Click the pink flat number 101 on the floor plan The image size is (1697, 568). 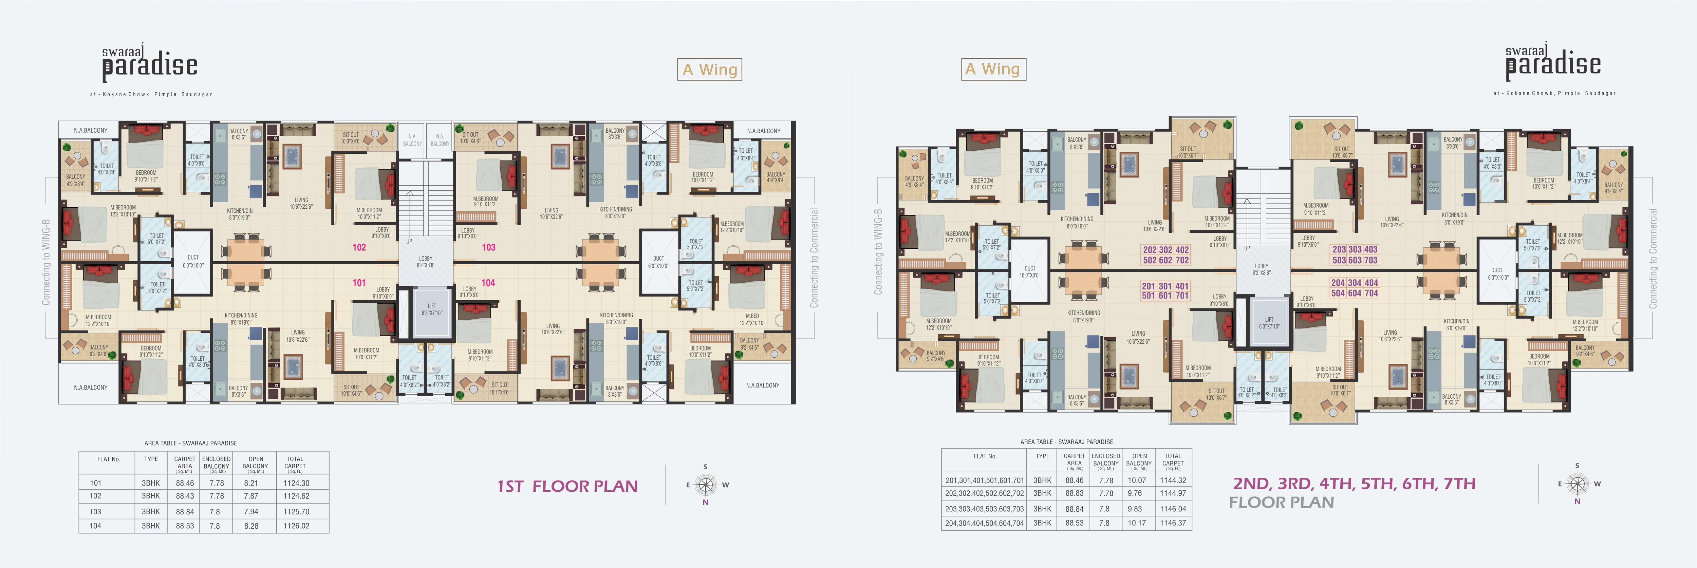tap(359, 283)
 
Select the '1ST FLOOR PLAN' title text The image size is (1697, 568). tap(567, 486)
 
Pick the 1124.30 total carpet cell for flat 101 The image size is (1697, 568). tap(296, 483)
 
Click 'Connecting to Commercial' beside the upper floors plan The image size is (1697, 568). tap(1652, 259)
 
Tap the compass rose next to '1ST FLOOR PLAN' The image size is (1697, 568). tap(706, 485)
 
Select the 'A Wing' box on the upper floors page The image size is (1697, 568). tap(994, 69)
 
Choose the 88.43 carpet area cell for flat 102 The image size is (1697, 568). tap(184, 496)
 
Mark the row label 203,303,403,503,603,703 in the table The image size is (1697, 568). tap(984, 509)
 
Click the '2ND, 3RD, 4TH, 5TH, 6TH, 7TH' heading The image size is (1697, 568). tap(1354, 484)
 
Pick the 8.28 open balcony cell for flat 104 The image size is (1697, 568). tap(251, 526)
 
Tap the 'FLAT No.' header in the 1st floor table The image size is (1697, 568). tap(109, 459)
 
